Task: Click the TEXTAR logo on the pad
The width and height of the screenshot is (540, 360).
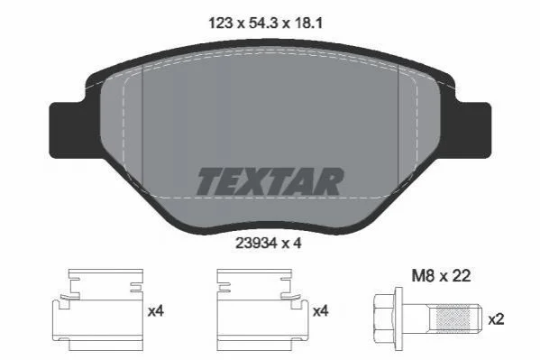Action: coord(270,181)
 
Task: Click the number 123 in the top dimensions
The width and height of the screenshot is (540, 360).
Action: coord(220,23)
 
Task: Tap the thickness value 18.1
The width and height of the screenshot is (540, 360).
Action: coord(307,23)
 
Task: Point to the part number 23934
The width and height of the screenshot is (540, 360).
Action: coord(256,244)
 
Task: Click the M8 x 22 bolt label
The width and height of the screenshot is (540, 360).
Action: coord(441,276)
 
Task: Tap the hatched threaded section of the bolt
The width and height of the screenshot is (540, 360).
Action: coord(453,318)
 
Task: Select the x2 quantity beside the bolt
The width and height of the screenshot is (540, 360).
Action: coord(496,319)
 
